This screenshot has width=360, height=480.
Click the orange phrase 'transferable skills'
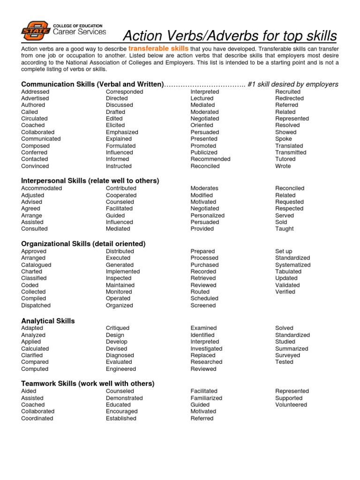click(158, 49)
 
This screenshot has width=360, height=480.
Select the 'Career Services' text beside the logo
click(79, 32)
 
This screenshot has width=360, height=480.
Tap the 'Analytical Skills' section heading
click(48, 321)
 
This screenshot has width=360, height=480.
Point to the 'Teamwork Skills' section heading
click(88, 383)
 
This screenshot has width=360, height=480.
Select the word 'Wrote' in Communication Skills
click(283, 166)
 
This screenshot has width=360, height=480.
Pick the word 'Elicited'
click(115, 125)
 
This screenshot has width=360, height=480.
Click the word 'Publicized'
click(204, 152)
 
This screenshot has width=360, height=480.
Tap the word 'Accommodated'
click(41, 188)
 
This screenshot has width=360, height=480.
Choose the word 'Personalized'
click(208, 216)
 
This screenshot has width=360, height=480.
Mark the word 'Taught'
click(285, 229)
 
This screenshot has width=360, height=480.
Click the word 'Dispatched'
click(36, 305)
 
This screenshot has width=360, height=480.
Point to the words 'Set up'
click(284, 251)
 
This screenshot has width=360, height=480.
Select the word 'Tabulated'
click(288, 271)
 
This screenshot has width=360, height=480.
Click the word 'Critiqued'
click(118, 328)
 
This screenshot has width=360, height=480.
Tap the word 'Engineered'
click(121, 369)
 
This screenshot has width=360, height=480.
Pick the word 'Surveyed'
click(288, 355)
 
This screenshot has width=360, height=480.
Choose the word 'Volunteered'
click(291, 405)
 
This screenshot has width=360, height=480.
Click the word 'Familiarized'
click(206, 398)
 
